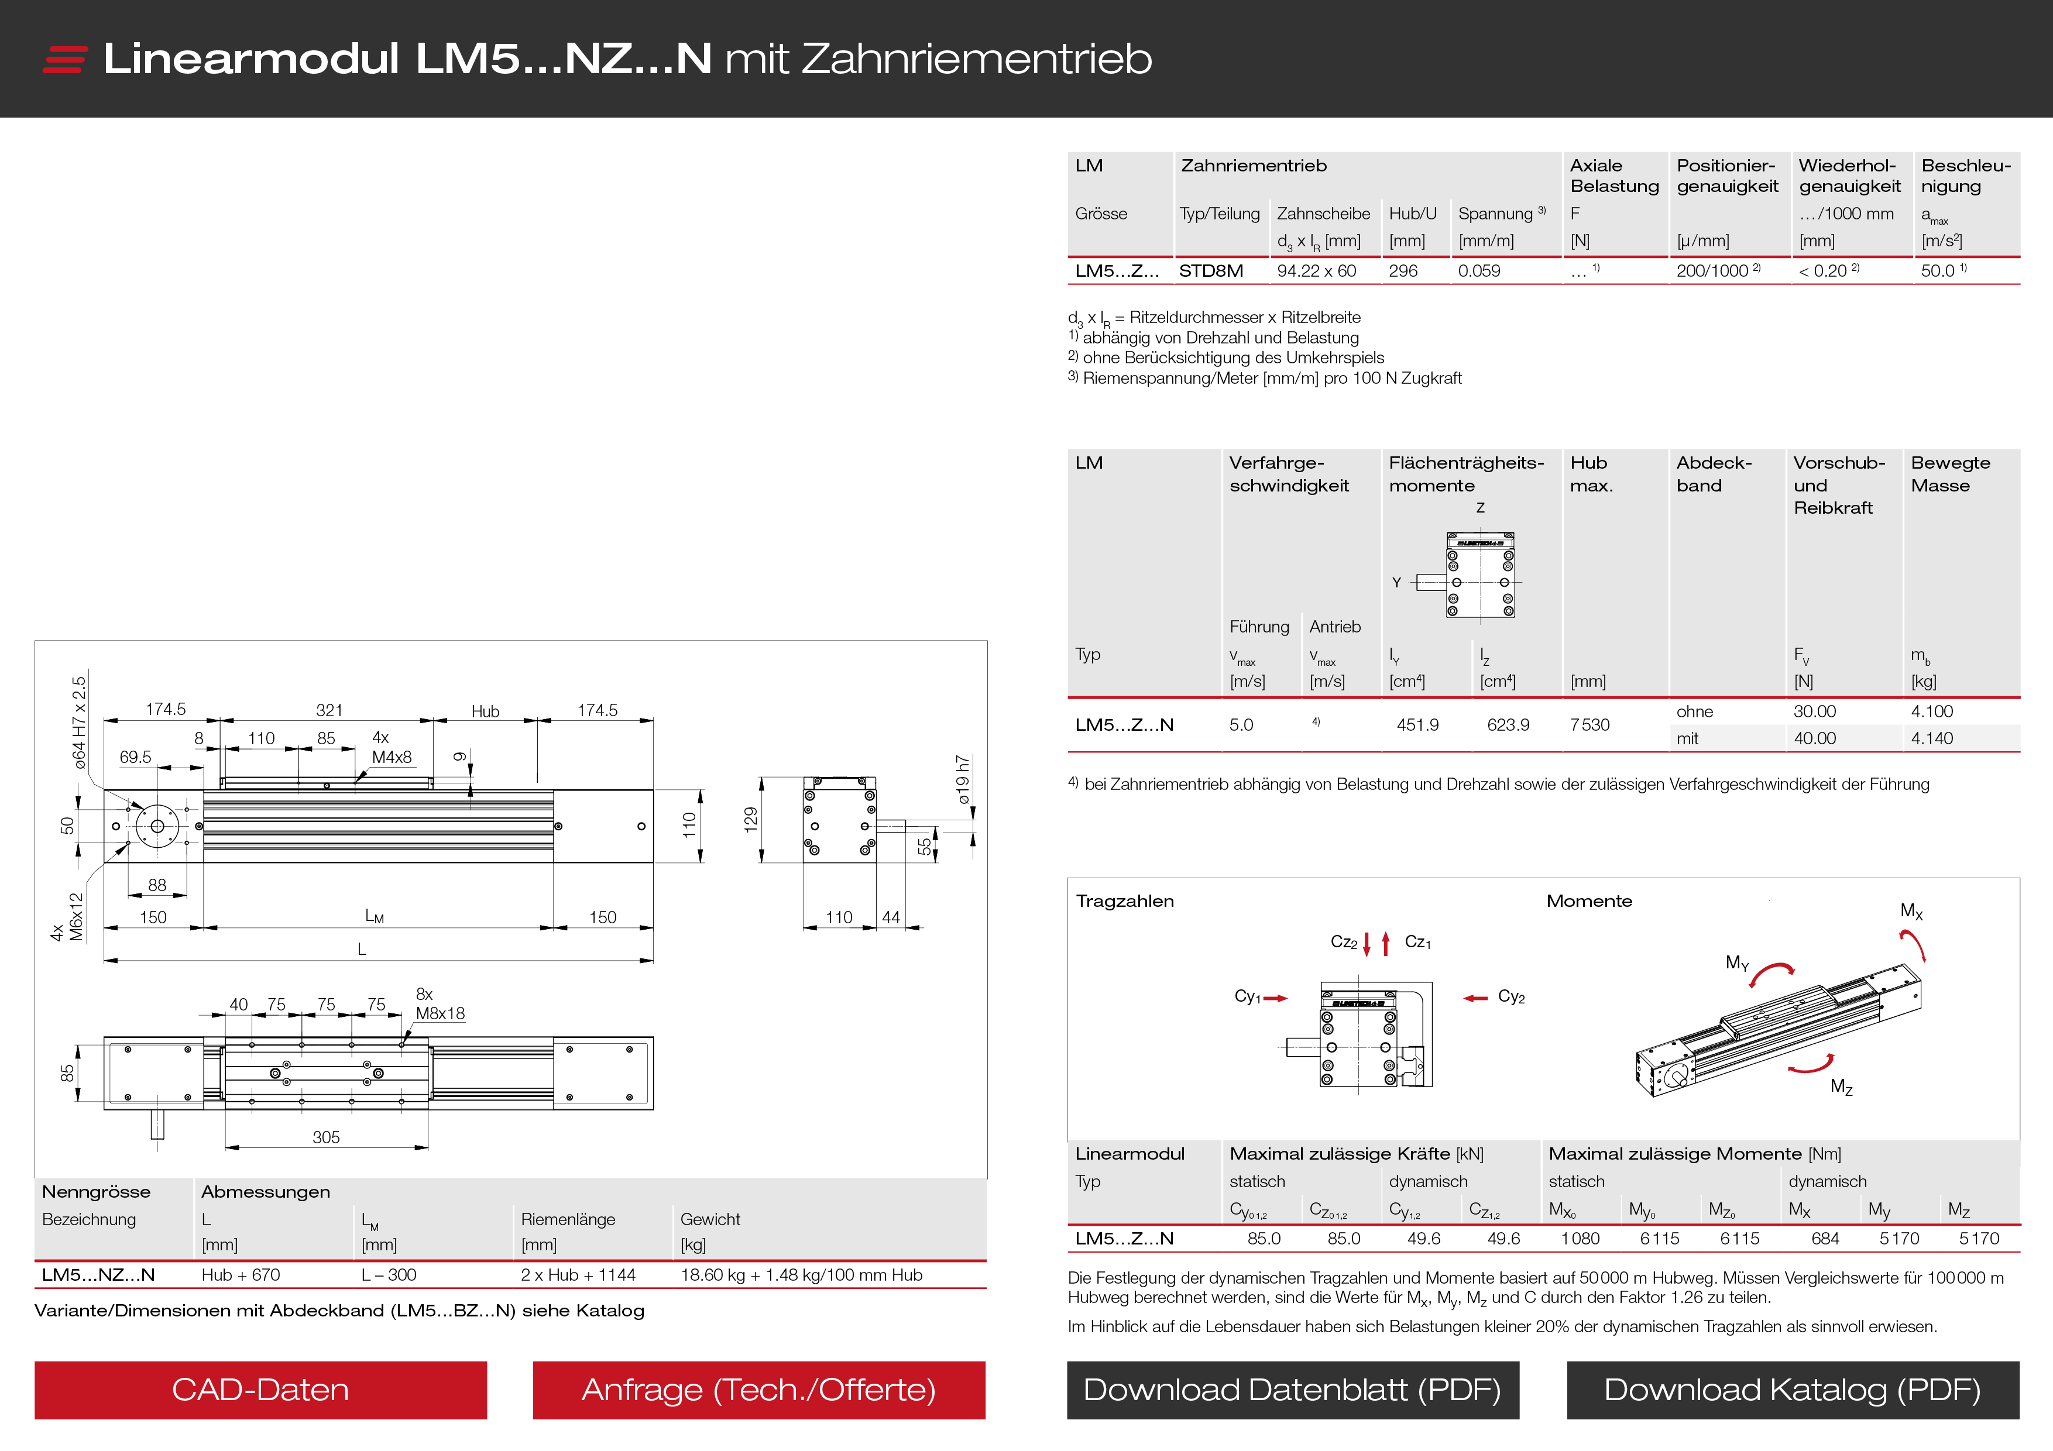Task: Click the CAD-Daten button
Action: [260, 1390]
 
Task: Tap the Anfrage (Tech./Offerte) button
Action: [758, 1390]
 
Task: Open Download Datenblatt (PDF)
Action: [1292, 1390]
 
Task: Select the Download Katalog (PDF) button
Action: [1792, 1390]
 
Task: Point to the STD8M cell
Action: [1211, 271]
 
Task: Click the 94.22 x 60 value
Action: [1316, 271]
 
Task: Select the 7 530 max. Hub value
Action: [1589, 725]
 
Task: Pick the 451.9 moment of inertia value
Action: [1417, 725]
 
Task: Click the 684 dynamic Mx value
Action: [1825, 1238]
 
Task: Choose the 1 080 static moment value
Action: [1580, 1238]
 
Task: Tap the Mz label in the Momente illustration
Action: [1841, 1086]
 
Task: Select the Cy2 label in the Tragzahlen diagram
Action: [1511, 997]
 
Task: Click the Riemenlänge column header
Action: [568, 1219]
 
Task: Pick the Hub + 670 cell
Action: [241, 1275]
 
